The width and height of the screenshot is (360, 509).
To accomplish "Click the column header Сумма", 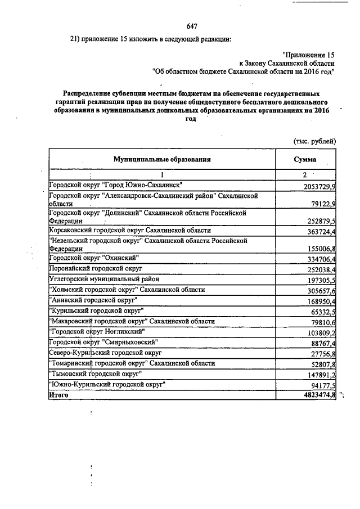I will (x=305, y=159).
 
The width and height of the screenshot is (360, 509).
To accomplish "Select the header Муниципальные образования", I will (x=162, y=159).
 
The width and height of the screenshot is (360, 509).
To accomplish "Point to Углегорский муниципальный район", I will (x=103, y=279).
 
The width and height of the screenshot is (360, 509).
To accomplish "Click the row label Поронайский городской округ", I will (x=94, y=269).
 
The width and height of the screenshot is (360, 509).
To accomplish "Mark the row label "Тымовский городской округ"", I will (x=96, y=373).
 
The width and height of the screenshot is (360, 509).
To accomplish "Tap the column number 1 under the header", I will (x=161, y=174).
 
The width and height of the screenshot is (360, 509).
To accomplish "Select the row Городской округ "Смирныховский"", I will (x=103, y=342).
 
